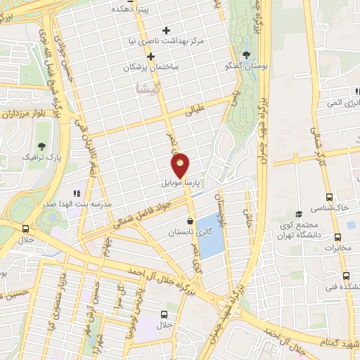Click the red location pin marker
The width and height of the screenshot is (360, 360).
point(181,165)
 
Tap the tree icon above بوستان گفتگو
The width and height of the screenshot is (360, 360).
point(245,54)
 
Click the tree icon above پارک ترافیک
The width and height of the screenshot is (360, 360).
point(43,146)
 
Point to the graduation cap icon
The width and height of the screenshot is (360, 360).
point(299,214)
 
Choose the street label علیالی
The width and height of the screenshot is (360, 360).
point(194,111)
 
